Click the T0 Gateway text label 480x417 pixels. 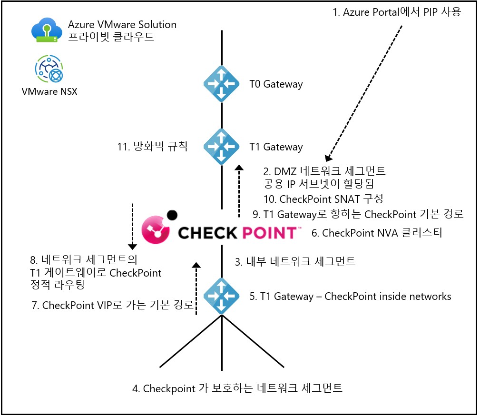pos(276,85)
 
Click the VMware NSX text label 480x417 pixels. pos(49,91)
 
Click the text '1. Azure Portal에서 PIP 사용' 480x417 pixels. pos(397,12)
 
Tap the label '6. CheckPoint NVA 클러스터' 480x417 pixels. pos(382,233)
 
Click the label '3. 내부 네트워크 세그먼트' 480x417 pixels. pos(295,261)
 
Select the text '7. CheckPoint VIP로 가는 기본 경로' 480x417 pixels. pos(113,305)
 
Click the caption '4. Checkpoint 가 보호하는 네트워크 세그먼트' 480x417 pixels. pos(237,388)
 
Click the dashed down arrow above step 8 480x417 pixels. pos(132,227)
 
